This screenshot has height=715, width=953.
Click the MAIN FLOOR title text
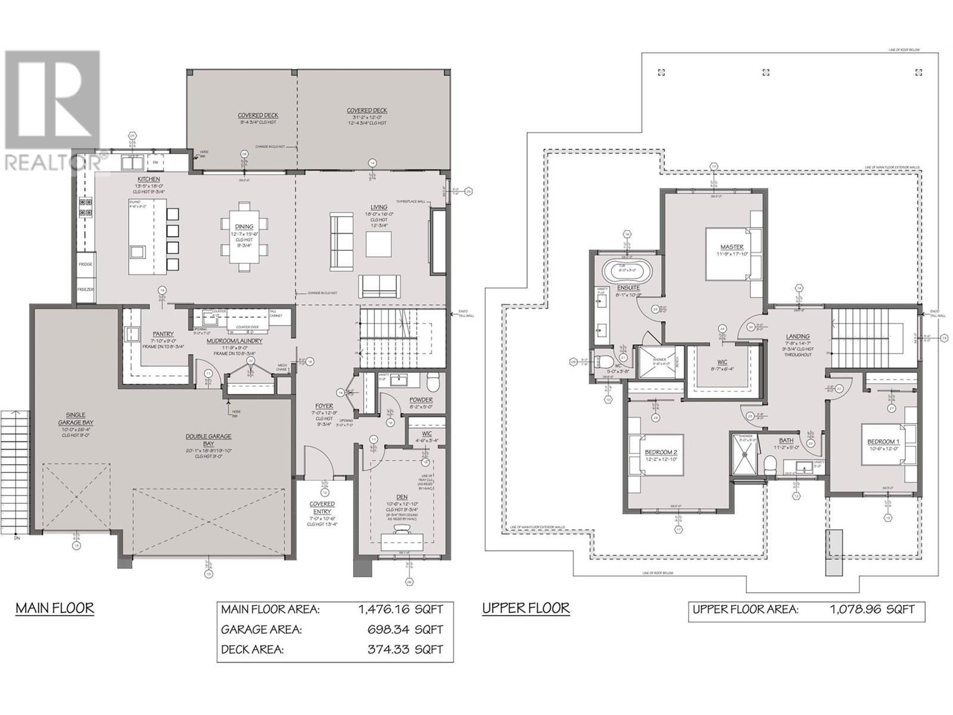[x=54, y=608]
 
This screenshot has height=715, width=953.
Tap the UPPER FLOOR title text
[x=525, y=608]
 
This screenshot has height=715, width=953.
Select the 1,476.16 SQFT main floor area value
[x=401, y=610]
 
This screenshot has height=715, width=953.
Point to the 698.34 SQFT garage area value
[x=406, y=630]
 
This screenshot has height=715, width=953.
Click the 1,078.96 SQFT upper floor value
[x=873, y=610]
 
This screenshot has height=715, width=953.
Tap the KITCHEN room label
[x=148, y=179]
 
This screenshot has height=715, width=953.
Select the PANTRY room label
[x=163, y=334]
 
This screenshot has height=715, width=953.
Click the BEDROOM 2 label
[x=660, y=452]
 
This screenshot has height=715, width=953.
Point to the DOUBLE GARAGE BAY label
[x=200, y=440]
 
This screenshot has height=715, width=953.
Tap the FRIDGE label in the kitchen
[x=85, y=264]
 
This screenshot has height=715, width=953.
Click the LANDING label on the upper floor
[x=798, y=337]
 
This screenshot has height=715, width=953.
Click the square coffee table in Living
[x=379, y=244]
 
